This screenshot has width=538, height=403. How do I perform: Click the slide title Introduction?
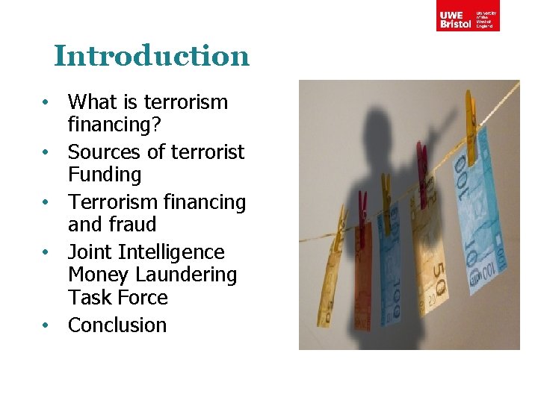point(152,56)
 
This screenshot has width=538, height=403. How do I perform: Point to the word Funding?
point(105,175)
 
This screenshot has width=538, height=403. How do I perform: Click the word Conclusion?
point(117,325)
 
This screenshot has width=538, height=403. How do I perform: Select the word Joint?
point(90,252)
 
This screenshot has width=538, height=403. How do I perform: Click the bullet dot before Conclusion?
point(46,326)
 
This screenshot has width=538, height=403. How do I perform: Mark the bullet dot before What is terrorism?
point(46,102)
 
